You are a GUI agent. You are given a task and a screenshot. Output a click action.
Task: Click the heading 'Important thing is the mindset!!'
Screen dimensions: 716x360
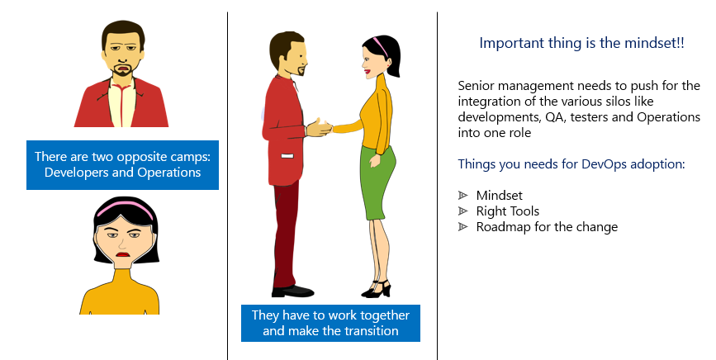pos(581,43)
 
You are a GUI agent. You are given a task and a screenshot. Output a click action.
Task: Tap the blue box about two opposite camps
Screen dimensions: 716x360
pos(122,164)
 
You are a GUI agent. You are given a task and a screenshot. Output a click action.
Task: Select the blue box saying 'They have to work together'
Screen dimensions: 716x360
pos(330,323)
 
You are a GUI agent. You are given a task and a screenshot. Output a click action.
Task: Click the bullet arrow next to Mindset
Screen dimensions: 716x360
pos(463,196)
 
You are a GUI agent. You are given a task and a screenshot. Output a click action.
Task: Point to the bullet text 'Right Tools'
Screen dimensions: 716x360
pos(507,211)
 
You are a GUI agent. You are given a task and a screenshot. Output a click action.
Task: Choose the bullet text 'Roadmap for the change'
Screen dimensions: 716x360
pos(547,227)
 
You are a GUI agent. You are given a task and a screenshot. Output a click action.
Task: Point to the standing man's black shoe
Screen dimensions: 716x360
pos(292,291)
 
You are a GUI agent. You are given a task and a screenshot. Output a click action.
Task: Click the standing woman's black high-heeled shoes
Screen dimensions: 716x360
pos(377,289)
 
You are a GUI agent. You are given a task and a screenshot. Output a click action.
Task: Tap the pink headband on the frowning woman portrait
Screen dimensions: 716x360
pos(126,208)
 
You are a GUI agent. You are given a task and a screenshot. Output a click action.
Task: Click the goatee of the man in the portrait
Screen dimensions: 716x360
pos(122,71)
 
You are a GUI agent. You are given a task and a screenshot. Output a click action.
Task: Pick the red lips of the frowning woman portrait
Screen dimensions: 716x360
pos(122,254)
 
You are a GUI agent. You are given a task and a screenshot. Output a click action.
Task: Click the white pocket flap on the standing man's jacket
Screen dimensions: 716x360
pos(287,157)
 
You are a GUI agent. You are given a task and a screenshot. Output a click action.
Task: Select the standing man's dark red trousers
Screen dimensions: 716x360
pos(287,234)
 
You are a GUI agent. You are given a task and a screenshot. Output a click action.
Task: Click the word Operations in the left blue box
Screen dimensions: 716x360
pos(169,173)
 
